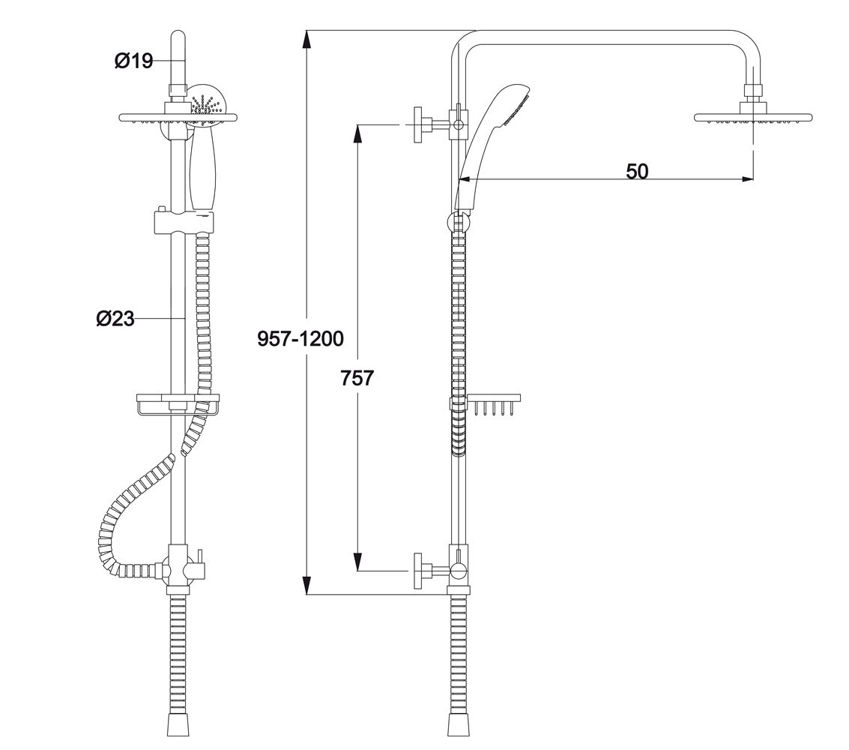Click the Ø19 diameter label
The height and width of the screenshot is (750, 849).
coord(133,61)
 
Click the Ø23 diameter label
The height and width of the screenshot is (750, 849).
coord(115,319)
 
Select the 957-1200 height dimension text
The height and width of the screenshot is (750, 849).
coord(300,339)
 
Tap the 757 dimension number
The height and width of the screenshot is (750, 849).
coord(357,377)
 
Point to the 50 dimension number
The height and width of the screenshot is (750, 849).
coord(636,171)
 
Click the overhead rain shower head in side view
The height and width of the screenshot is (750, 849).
coord(753,118)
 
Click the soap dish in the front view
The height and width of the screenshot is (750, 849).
coord(177,404)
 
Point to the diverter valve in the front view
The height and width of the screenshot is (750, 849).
coord(180,565)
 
